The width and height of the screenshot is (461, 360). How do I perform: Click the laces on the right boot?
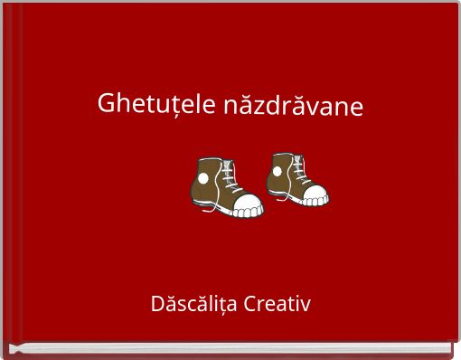[x=301, y=168]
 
